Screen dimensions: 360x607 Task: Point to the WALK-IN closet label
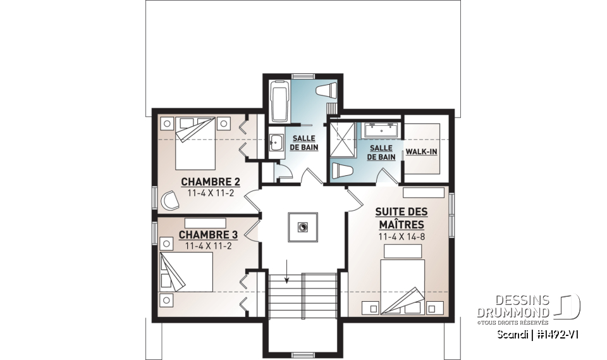pos(421,152)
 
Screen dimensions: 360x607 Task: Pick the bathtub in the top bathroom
pos(279,101)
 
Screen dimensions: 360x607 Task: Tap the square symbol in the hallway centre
pos(303,227)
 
